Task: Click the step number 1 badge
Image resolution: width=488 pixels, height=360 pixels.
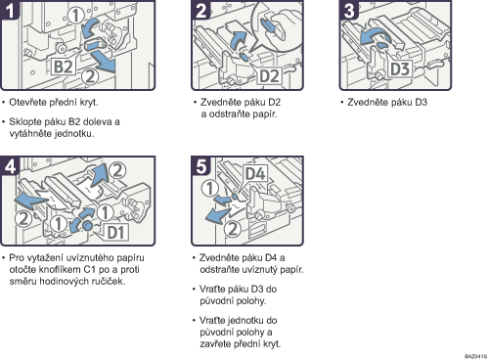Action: pyautogui.click(x=10, y=10)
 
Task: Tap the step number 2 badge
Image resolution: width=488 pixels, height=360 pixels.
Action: pyautogui.click(x=201, y=10)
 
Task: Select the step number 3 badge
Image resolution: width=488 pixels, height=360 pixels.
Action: pyautogui.click(x=349, y=10)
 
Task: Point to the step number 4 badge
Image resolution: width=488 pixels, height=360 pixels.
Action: pyautogui.click(x=10, y=166)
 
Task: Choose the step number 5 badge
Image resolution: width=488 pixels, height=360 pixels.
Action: pyautogui.click(x=201, y=166)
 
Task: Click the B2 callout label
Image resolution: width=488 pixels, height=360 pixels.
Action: pyautogui.click(x=63, y=67)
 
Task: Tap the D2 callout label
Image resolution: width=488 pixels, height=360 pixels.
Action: pyautogui.click(x=269, y=75)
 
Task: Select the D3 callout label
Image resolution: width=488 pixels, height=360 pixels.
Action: pyautogui.click(x=400, y=68)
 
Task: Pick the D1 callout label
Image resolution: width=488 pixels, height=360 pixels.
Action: pyautogui.click(x=116, y=233)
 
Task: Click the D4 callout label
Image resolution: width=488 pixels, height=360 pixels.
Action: pyautogui.click(x=255, y=173)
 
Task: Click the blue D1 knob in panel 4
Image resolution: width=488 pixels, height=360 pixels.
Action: pyautogui.click(x=87, y=225)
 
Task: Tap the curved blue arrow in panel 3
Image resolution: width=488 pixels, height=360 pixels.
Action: pyautogui.click(x=375, y=36)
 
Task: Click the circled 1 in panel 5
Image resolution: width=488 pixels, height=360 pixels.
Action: pyautogui.click(x=209, y=189)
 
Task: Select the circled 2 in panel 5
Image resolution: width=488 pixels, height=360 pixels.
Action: pyautogui.click(x=233, y=229)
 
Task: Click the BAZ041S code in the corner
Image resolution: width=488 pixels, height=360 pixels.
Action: pyautogui.click(x=475, y=356)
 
